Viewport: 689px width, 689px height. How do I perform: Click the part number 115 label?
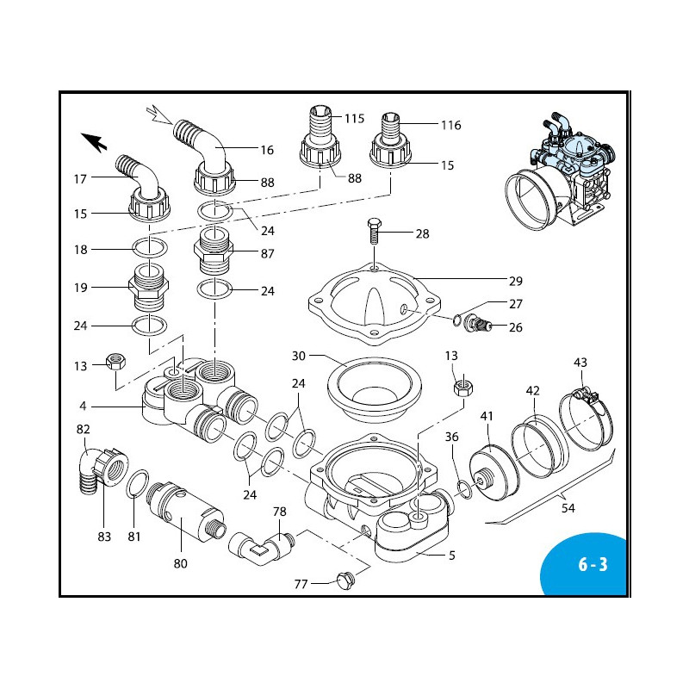[355, 118]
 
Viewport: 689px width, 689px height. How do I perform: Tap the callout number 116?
[450, 126]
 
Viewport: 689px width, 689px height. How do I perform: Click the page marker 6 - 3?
[593, 565]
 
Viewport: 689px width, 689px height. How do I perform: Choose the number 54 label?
[568, 509]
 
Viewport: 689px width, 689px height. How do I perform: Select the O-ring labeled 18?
[150, 250]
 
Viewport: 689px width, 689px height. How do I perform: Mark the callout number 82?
[83, 429]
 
